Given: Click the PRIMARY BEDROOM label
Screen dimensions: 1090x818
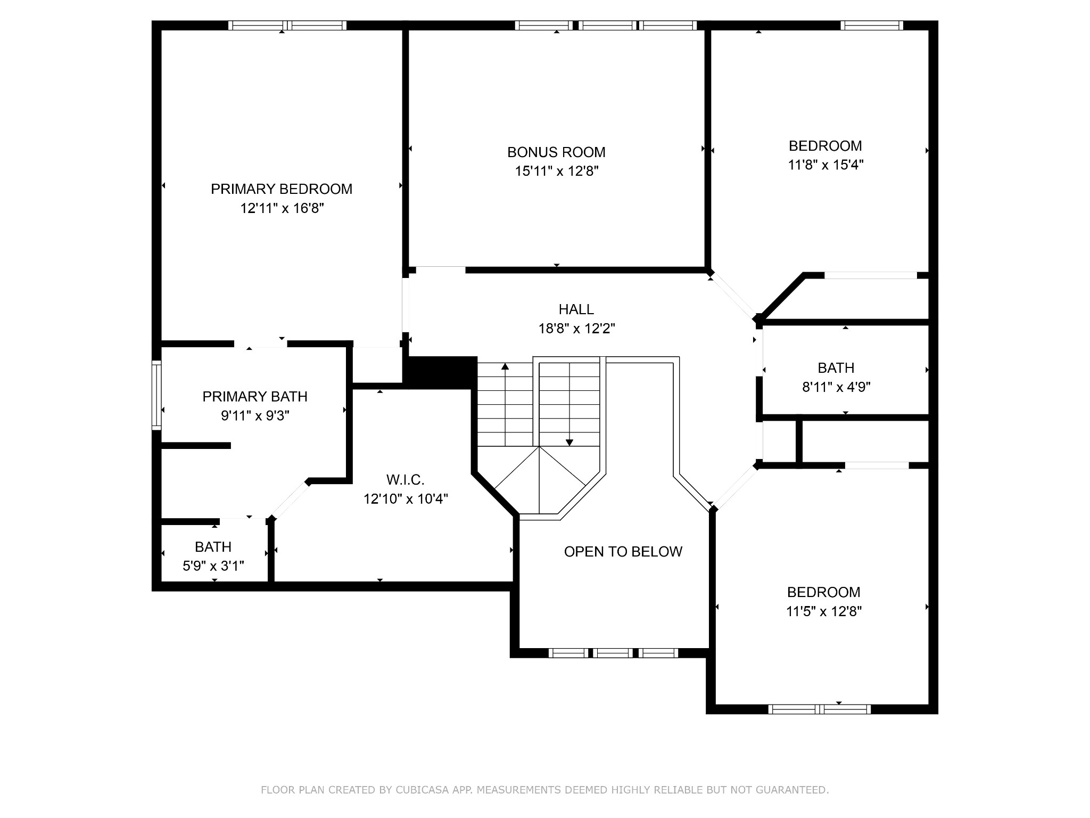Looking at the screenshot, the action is [282, 189].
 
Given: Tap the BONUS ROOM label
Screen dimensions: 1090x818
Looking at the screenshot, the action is [556, 152].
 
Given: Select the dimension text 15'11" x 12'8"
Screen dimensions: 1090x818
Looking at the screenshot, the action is [557, 171].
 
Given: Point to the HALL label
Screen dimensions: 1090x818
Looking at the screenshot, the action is [576, 309].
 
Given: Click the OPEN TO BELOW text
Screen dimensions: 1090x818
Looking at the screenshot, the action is [623, 552].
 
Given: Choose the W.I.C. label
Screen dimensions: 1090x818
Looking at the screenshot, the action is [406, 480].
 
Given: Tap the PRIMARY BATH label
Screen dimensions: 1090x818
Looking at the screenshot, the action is [255, 397].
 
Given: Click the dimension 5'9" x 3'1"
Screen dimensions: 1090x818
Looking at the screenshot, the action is [213, 566].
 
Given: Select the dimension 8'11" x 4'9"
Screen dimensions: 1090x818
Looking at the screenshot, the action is [836, 387].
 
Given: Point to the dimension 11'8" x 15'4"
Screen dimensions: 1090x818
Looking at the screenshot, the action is [825, 165].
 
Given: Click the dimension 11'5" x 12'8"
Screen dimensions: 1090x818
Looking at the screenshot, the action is [824, 611].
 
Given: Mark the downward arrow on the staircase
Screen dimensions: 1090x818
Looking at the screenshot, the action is [569, 404].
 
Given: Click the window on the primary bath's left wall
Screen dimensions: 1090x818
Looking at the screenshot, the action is [156, 395].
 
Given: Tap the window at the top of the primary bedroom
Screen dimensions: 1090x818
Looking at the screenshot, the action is [287, 25].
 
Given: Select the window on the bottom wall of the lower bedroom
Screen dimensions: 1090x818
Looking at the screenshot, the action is [820, 709].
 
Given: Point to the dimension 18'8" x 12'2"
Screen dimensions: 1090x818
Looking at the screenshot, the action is [577, 328].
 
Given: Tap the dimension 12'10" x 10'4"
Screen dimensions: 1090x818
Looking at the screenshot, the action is [406, 499].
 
